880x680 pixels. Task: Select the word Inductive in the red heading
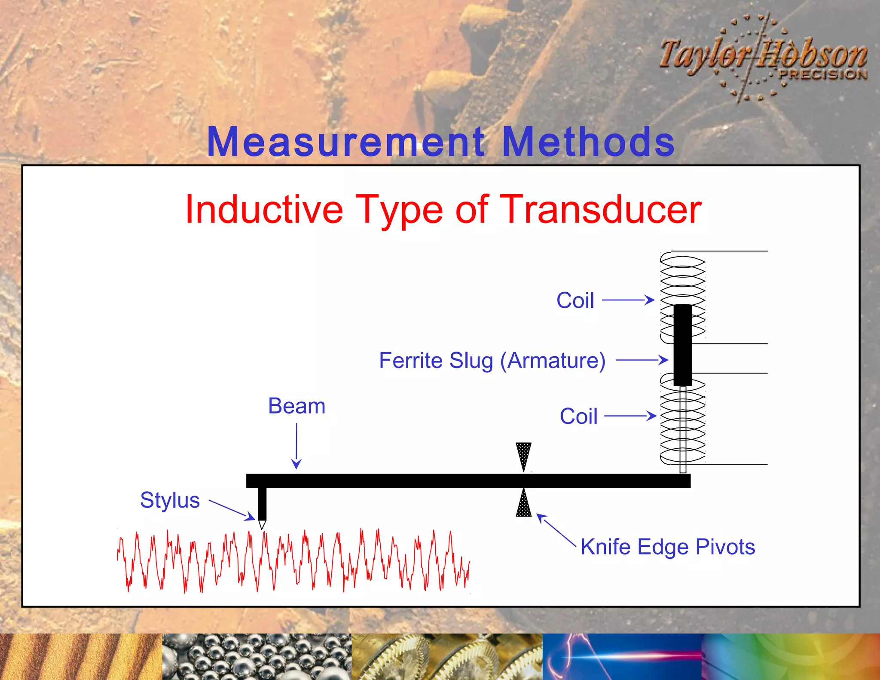[264, 210]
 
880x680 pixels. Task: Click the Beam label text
[296, 406]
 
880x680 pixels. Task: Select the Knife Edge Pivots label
[667, 547]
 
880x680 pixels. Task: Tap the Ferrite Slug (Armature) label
[492, 361]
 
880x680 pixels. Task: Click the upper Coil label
[575, 300]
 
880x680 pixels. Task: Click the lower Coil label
[578, 417]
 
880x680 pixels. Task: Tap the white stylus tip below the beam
[262, 525]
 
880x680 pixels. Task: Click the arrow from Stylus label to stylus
[232, 510]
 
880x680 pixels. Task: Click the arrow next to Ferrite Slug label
[642, 360]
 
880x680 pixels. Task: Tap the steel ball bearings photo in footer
[257, 657]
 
